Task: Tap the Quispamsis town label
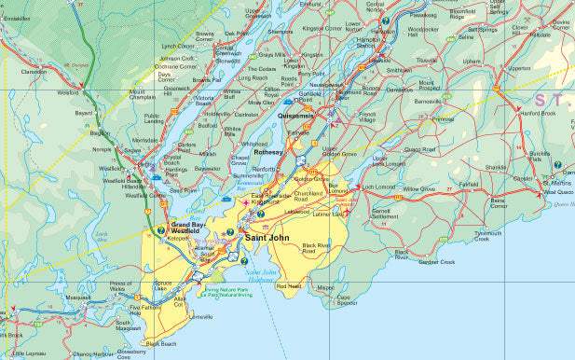point(299,115)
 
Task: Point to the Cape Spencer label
point(347,300)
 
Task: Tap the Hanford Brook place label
point(539,113)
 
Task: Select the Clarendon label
point(34,71)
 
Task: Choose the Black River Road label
point(317,248)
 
